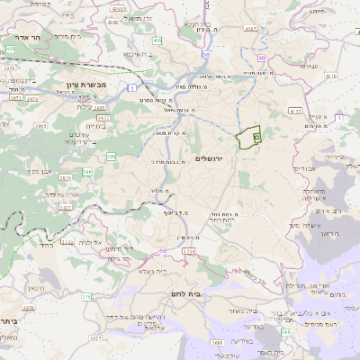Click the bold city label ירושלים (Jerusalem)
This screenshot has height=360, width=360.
click(213, 158)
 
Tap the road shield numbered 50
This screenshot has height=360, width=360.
click(206, 56)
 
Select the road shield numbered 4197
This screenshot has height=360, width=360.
click(249, 29)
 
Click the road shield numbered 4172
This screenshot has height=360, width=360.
click(296, 111)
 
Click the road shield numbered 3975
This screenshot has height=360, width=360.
click(8, 67)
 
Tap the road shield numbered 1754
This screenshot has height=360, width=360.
click(188, 252)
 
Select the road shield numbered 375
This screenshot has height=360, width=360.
click(86, 296)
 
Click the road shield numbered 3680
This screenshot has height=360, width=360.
click(218, 342)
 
